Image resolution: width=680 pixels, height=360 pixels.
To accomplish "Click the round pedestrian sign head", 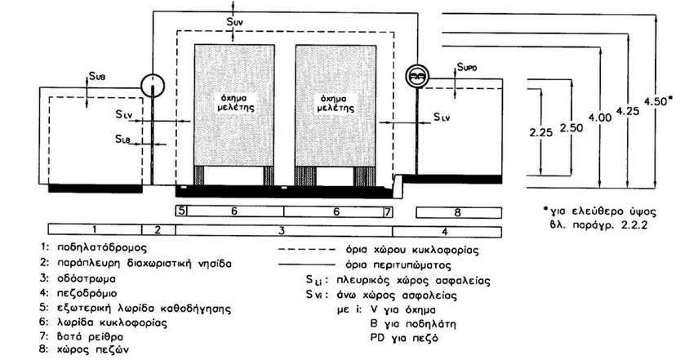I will point(416,75).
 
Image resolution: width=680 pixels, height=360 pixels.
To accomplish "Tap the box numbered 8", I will point(457,212).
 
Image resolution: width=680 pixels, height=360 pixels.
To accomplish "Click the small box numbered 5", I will point(181,211).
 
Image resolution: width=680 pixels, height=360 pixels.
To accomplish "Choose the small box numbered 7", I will point(387,211).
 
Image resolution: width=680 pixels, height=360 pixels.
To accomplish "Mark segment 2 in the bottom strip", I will point(158,229).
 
